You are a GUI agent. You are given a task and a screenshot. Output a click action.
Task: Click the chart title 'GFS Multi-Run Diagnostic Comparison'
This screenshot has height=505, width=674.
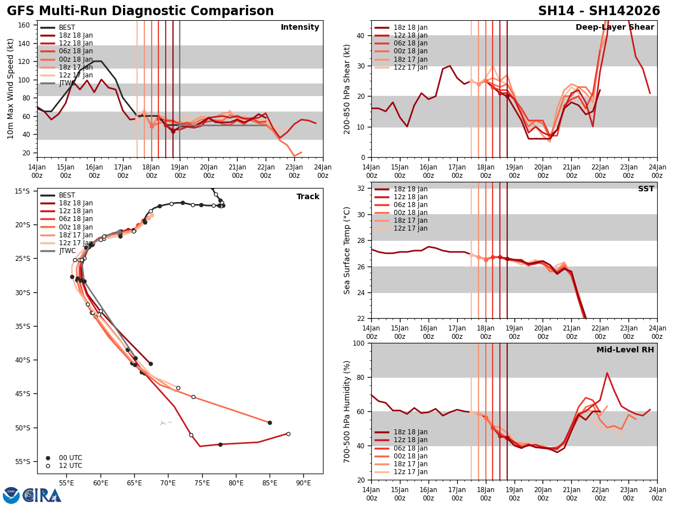click(x=140, y=11)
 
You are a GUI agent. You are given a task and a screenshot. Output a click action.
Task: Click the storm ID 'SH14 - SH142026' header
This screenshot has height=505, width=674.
click(x=599, y=11)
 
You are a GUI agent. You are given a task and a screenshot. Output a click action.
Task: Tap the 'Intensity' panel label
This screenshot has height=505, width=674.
click(x=300, y=27)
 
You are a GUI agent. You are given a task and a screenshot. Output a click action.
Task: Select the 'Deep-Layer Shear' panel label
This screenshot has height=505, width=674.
click(x=614, y=27)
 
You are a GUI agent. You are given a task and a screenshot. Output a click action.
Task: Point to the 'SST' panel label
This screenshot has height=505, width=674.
click(x=645, y=189)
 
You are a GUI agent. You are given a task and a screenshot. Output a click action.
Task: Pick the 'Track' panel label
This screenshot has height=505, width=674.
click(x=308, y=197)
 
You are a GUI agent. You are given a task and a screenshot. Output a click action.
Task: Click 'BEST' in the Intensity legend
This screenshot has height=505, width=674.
click(x=67, y=27)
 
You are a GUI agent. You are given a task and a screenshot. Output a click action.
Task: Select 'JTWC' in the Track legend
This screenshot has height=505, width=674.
click(x=67, y=251)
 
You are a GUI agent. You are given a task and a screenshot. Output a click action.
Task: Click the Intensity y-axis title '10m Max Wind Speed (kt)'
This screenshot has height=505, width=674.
click(x=11, y=88)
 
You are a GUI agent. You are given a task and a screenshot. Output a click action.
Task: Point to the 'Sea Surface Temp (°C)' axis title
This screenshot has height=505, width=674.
click(x=347, y=250)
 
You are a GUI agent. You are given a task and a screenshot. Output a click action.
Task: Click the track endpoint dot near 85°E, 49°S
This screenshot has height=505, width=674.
click(x=270, y=423)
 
